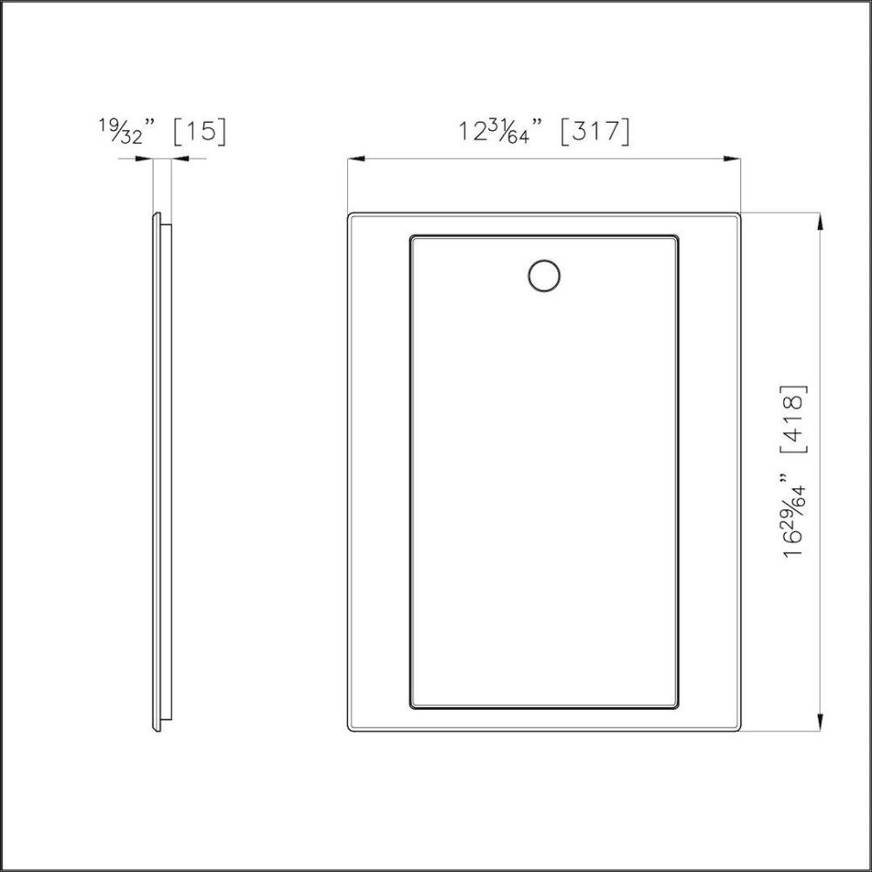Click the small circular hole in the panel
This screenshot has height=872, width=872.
[x=544, y=275]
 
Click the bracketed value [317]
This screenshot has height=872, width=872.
[x=593, y=132]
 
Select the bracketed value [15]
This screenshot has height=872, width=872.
[x=200, y=131]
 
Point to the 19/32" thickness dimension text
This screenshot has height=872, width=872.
[x=126, y=132]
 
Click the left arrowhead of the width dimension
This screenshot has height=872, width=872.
[x=353, y=159]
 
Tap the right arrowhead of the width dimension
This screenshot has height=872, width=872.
[x=735, y=159]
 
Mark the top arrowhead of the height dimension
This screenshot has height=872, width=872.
[x=820, y=219]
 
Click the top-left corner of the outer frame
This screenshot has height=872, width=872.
[x=350, y=215]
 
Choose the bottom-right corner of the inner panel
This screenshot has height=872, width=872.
[x=678, y=706]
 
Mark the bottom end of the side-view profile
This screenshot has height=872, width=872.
[x=158, y=729]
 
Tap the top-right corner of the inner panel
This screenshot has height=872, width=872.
[x=678, y=236]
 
